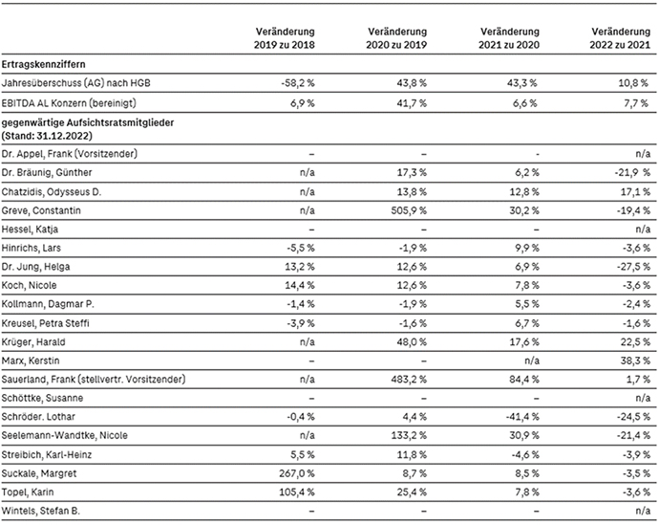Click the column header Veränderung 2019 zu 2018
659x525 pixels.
click(x=284, y=38)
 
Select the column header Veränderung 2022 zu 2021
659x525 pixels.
click(x=620, y=38)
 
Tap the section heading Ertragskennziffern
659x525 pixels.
click(x=43, y=64)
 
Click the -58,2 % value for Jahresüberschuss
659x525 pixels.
click(x=298, y=83)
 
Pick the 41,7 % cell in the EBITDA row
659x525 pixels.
click(x=412, y=103)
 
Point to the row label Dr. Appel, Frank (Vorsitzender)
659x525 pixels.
click(x=70, y=154)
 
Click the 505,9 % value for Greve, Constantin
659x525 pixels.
click(x=409, y=210)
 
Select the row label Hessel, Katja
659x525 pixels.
click(x=30, y=230)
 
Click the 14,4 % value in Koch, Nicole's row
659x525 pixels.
click(x=300, y=285)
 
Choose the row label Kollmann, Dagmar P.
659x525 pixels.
click(x=48, y=304)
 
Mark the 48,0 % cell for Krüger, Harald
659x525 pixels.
click(x=412, y=342)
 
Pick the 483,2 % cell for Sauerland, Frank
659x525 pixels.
click(x=409, y=380)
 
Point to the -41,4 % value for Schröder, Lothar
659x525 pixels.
click(x=522, y=417)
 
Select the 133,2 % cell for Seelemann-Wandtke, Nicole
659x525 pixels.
click(x=410, y=435)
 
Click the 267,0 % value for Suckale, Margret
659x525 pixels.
click(x=297, y=473)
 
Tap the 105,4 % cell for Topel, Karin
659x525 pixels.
click(x=297, y=492)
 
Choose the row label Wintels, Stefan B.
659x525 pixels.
click(x=41, y=511)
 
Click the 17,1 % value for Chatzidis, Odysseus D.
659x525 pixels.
click(x=635, y=192)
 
